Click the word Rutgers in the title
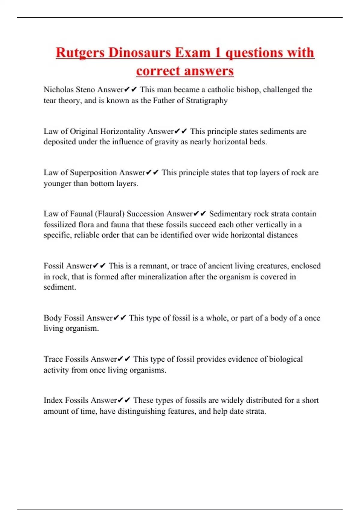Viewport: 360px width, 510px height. [80, 53]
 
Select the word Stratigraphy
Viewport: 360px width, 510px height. [207, 100]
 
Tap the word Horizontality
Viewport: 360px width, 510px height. [122, 131]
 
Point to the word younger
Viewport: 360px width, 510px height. [58, 184]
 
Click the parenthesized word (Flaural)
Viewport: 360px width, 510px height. [109, 214]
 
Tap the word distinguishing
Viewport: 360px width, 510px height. [141, 411]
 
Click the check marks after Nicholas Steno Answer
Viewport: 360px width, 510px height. [130, 90]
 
